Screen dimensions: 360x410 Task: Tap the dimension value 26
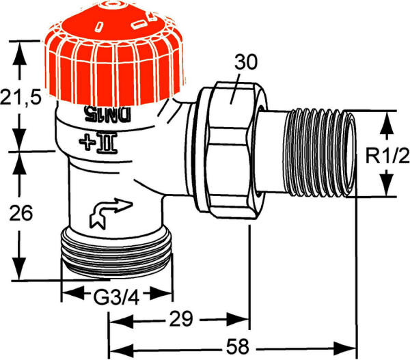pos(23,214)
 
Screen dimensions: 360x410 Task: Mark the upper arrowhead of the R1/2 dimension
pos(387,121)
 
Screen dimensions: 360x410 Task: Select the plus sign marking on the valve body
pos(88,142)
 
